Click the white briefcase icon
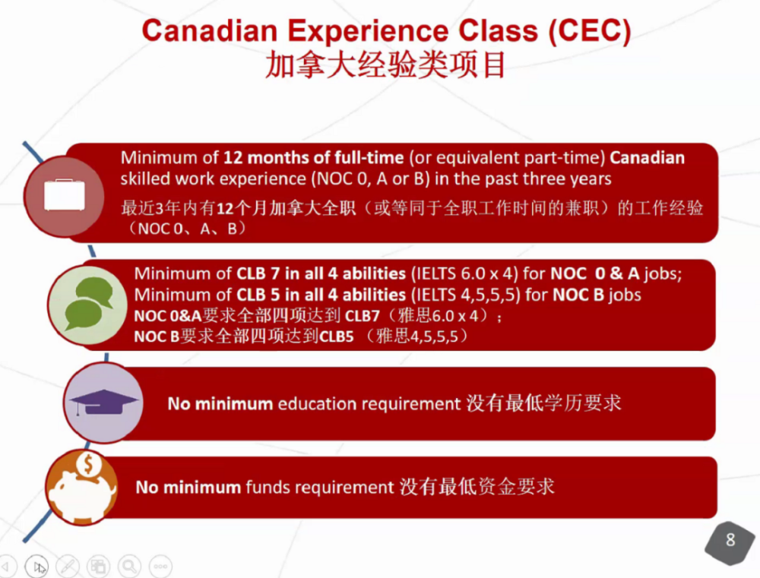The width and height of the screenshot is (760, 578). click(x=65, y=195)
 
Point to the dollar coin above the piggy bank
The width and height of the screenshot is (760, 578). click(x=88, y=464)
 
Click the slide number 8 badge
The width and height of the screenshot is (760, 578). click(x=730, y=542)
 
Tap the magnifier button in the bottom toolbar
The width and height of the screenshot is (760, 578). click(x=129, y=566)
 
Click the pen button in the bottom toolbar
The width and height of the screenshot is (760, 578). click(x=68, y=566)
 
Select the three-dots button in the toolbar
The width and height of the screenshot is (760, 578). click(x=160, y=566)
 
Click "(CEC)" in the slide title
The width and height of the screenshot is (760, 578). click(x=590, y=30)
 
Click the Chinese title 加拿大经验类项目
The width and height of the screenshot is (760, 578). click(x=385, y=65)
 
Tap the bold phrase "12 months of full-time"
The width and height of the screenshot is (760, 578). click(x=313, y=158)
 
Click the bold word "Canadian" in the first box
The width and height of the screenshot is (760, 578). click(x=647, y=158)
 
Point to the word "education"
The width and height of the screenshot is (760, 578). click(x=316, y=403)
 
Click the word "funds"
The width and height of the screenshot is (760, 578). click(x=264, y=487)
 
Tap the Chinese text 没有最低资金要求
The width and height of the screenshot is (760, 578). click(x=477, y=486)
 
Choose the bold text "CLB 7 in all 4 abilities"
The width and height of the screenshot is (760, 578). click(x=321, y=273)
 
